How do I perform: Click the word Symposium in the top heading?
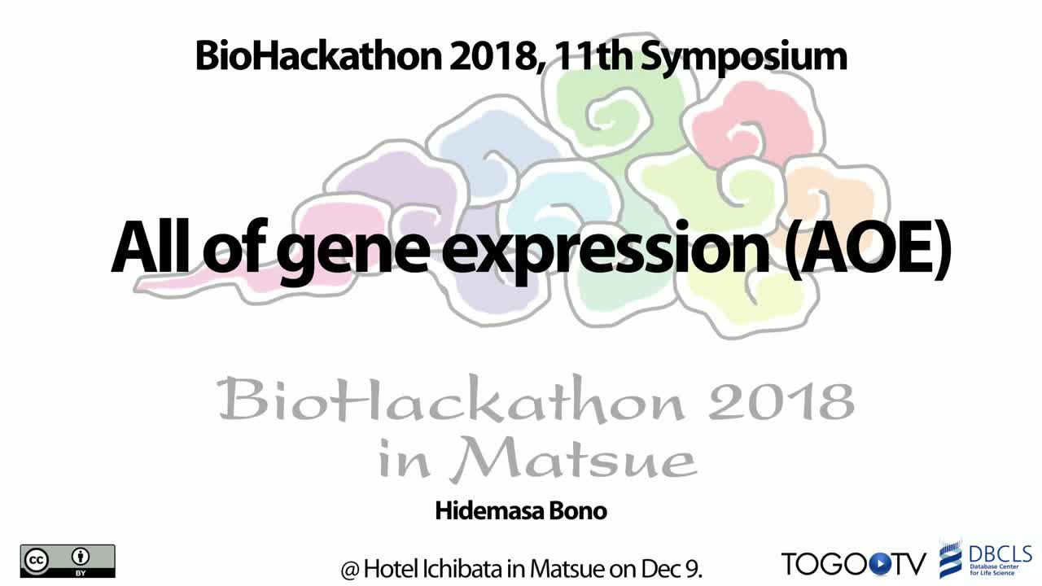point(744,58)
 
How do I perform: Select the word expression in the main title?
point(605,249)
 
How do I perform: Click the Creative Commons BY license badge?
point(68,561)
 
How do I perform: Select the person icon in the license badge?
point(81,557)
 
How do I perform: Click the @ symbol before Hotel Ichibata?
point(350,570)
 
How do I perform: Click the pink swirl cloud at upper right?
point(750,125)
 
